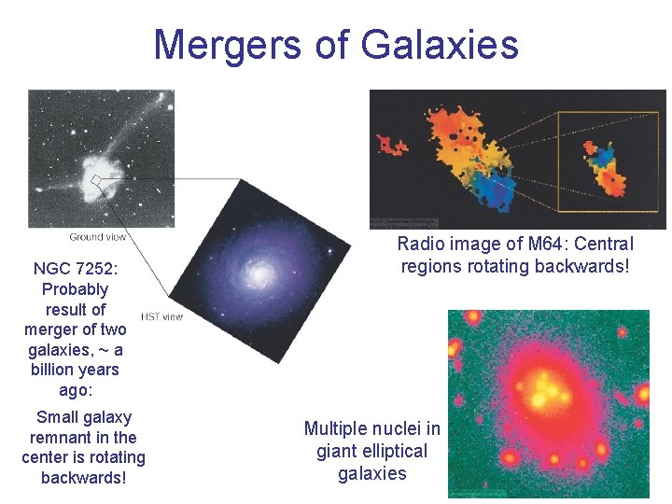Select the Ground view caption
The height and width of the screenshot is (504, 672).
[98, 237]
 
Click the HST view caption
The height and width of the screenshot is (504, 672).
[161, 316]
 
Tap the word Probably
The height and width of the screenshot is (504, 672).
[75, 289]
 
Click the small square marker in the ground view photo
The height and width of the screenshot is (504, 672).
[96, 179]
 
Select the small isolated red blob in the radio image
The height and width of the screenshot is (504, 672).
[391, 145]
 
